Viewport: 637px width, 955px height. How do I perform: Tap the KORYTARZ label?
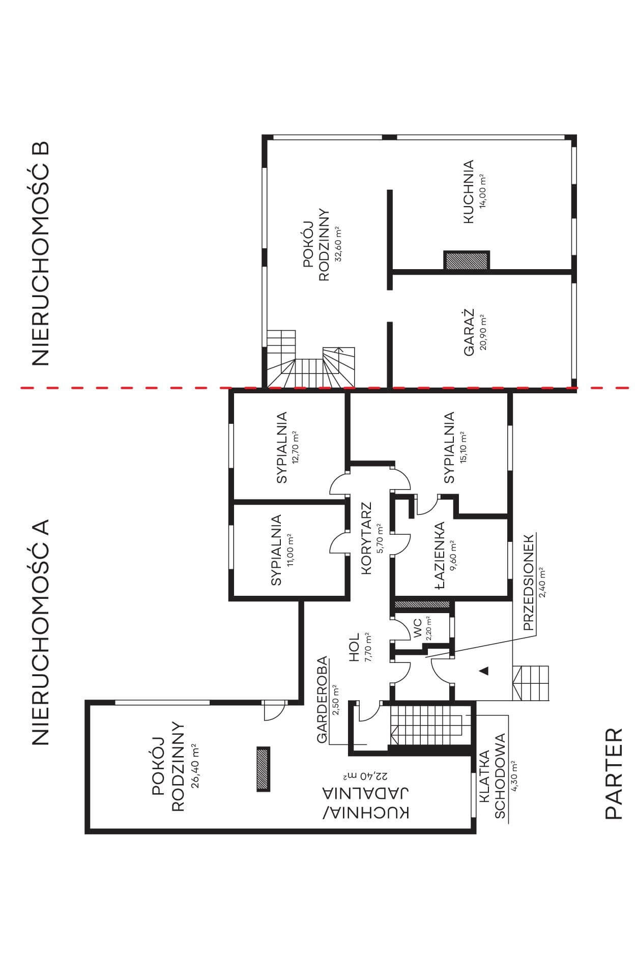pyautogui.click(x=367, y=538)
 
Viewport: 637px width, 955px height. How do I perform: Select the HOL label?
pyautogui.click(x=355, y=647)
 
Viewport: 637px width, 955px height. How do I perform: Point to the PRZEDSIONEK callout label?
pyautogui.click(x=528, y=582)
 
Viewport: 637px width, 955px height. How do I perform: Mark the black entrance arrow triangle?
pyautogui.click(x=484, y=671)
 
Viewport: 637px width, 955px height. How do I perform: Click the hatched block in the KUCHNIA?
pyautogui.click(x=467, y=261)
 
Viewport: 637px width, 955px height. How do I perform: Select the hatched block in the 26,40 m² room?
pyautogui.click(x=263, y=768)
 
